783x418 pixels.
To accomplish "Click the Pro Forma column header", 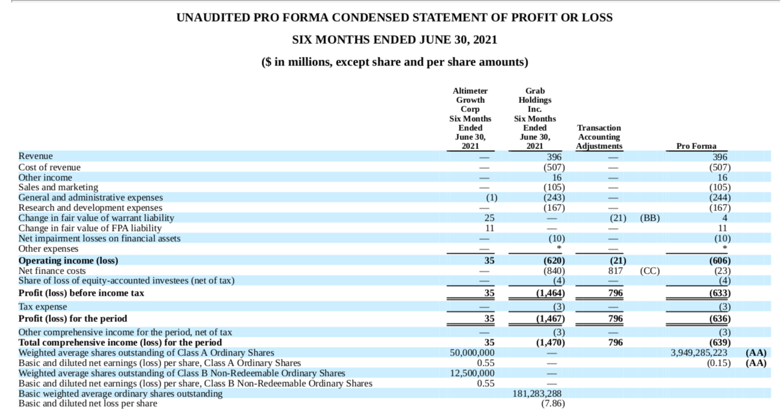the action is point(696,146).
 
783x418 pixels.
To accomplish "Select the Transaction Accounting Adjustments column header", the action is point(599,137).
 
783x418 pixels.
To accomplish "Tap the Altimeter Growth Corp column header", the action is point(470,118).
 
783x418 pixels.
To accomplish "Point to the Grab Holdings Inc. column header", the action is point(535,118).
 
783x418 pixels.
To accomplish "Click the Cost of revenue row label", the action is point(49,167).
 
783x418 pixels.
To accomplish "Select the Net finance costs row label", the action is point(52,271).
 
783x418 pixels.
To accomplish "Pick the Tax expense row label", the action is point(43,307).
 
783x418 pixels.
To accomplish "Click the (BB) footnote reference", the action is point(650,218).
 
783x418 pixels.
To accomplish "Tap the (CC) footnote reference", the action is point(650,271).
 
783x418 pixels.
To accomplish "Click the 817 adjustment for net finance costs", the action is point(615,271).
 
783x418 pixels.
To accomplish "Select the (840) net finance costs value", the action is point(554,271).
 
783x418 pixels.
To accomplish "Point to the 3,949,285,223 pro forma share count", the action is point(699,353).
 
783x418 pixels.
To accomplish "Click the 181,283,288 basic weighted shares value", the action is point(537,394).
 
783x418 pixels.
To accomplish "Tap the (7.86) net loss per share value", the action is point(553,404).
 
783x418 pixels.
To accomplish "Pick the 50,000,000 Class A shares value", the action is point(472,353).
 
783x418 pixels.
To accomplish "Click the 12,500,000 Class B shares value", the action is point(472,373).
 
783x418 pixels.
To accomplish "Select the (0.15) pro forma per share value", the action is point(719,363).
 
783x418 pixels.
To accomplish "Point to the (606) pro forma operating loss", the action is point(720,261).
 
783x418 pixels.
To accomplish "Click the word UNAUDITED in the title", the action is point(213,18).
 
